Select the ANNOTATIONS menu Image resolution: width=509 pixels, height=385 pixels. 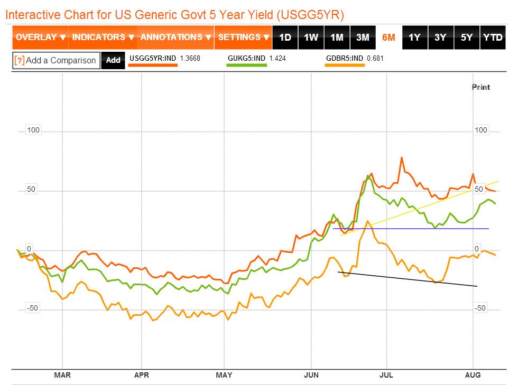click(175, 37)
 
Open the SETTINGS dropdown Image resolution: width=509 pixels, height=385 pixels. click(244, 37)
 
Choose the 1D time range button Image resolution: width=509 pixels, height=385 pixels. click(285, 37)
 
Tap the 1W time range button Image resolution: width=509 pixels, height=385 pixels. click(311, 37)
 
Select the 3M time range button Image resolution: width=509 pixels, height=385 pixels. click(363, 37)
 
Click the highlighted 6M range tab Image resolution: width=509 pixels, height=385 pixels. click(388, 37)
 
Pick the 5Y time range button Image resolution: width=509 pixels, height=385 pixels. click(467, 37)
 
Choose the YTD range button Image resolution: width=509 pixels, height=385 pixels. click(493, 37)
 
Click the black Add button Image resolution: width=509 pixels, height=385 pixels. click(113, 60)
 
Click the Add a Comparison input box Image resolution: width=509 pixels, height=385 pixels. click(56, 60)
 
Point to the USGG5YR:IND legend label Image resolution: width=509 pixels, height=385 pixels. click(152, 58)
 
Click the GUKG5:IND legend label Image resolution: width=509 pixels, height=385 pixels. click(246, 58)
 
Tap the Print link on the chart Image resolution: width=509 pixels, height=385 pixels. click(481, 87)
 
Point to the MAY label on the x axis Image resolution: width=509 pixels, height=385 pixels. click(224, 375)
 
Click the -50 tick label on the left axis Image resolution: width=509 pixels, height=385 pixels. click(33, 308)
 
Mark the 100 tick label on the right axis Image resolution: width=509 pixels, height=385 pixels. click(481, 130)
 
